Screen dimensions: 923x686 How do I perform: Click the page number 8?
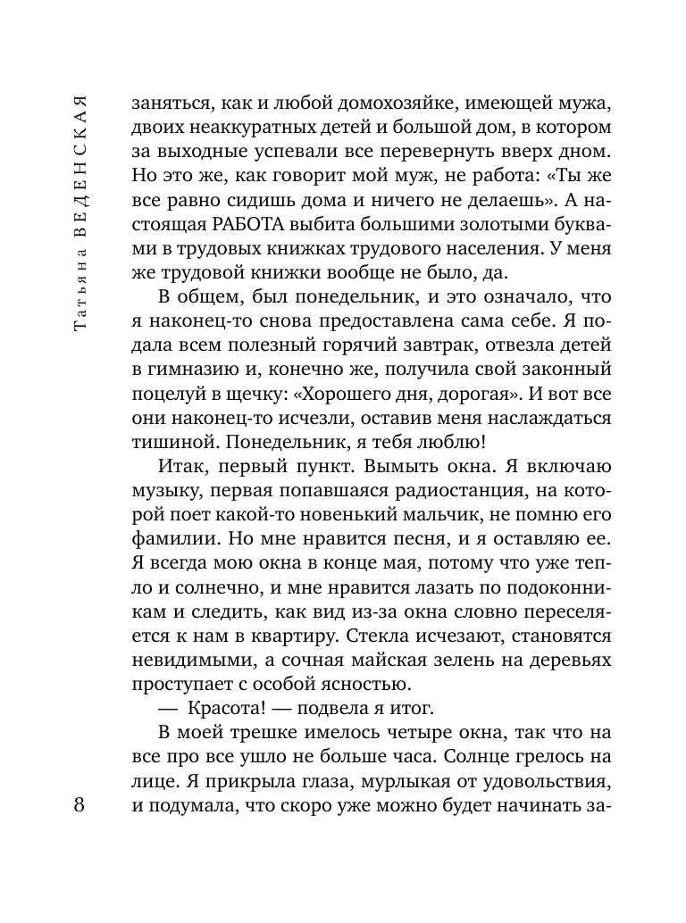click(x=79, y=806)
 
